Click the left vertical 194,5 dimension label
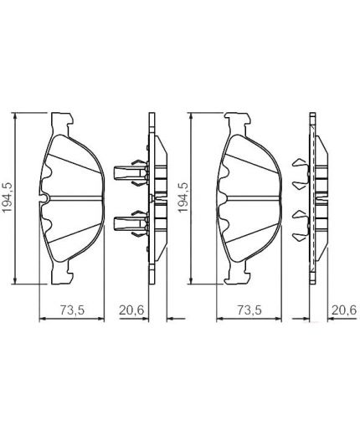(8, 198)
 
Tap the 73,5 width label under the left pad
(73, 310)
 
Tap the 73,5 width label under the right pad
(249, 310)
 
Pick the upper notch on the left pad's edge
(47, 174)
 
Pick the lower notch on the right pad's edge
(223, 223)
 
